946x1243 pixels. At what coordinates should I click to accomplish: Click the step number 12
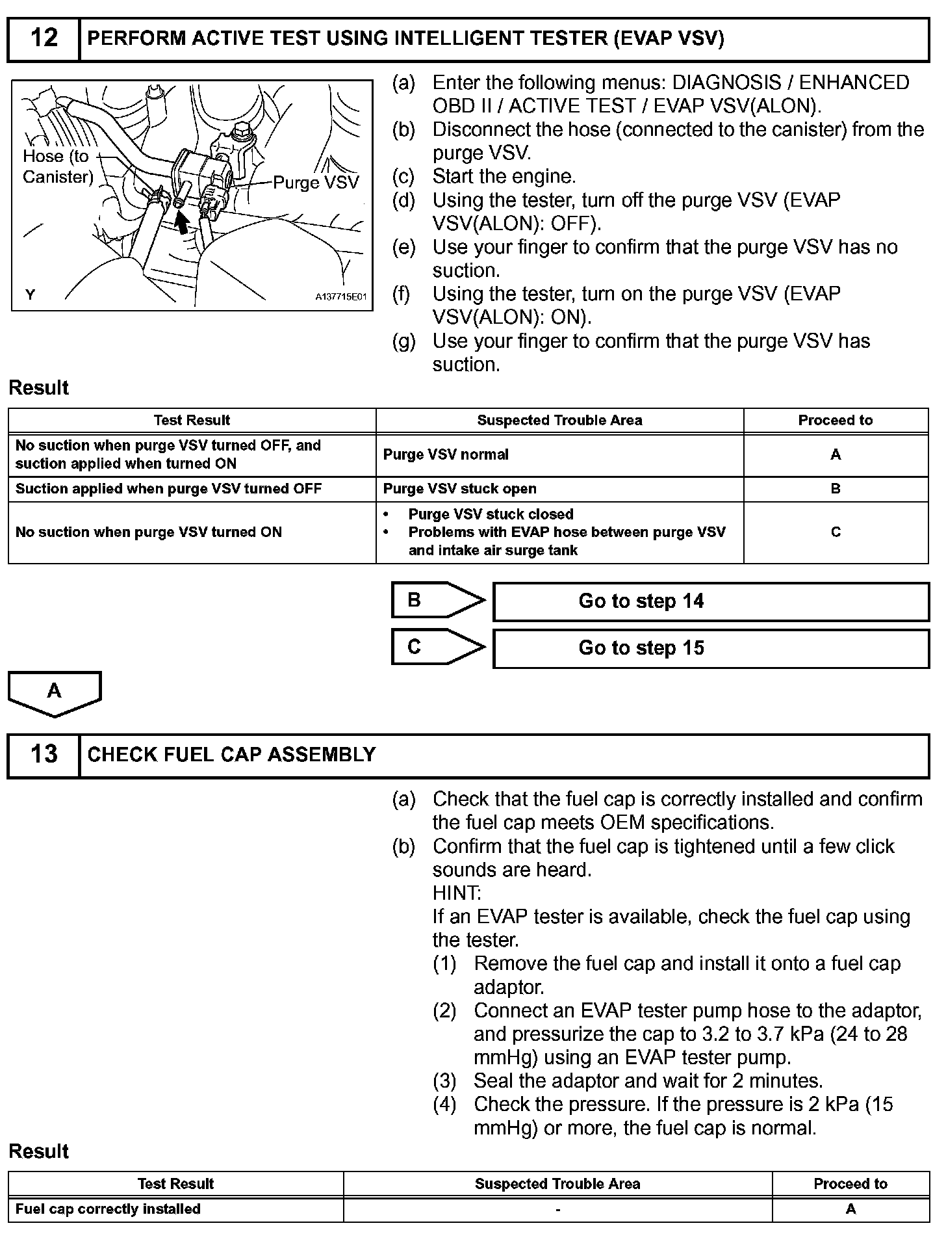tap(44, 38)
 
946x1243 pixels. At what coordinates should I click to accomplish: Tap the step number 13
tap(44, 754)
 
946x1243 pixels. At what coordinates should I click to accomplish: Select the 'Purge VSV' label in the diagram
tap(316, 183)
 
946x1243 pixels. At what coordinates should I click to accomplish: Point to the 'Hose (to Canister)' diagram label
tap(57, 166)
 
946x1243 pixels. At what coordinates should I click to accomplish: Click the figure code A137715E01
tap(341, 297)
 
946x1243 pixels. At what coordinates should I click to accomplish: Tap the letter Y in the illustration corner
tap(30, 295)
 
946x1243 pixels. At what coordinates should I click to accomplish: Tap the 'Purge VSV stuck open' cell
tap(460, 489)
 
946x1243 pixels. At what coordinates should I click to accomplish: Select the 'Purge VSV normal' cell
tap(446, 454)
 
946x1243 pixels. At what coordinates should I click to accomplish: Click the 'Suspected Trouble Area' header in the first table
tap(559, 421)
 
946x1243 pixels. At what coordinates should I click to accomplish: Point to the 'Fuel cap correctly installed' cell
tap(108, 1209)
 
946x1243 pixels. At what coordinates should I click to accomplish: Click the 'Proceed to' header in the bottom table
tap(850, 1184)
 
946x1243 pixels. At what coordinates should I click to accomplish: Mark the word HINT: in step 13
tap(457, 893)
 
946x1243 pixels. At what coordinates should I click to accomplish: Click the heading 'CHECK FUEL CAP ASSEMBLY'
tap(231, 755)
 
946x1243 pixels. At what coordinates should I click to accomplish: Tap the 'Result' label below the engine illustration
tap(38, 388)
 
